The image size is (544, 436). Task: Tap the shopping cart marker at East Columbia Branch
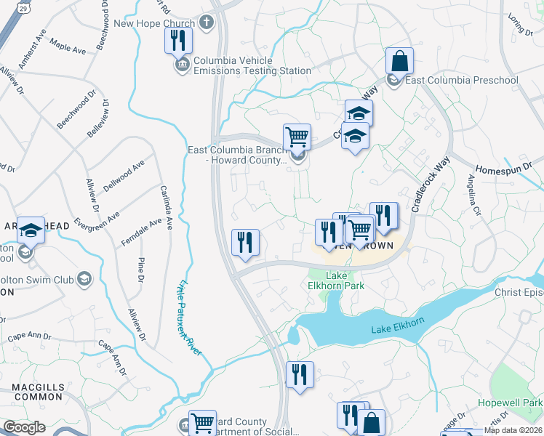tap(297, 137)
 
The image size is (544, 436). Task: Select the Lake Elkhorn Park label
tap(335, 280)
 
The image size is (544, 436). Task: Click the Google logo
tap(25, 427)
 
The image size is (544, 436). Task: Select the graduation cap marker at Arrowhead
tap(31, 230)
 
